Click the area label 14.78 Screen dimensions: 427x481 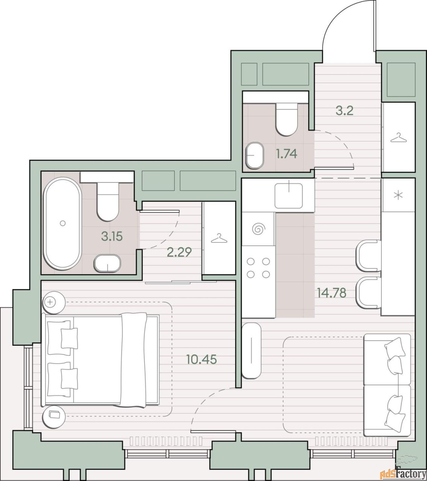331,293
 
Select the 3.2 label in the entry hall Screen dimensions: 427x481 345,110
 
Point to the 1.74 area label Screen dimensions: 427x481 287,154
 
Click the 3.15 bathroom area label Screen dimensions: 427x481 112,236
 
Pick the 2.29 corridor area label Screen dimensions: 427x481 179,252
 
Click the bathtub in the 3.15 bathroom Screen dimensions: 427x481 63,224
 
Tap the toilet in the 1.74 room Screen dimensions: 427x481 287,119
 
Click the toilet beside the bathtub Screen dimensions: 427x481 108,201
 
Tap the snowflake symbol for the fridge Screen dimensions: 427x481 398,195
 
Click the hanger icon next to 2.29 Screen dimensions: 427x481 219,239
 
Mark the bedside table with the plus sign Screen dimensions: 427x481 54,303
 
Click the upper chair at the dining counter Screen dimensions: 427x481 369,256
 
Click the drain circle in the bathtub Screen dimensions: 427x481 63,223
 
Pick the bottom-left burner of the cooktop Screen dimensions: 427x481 251,275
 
